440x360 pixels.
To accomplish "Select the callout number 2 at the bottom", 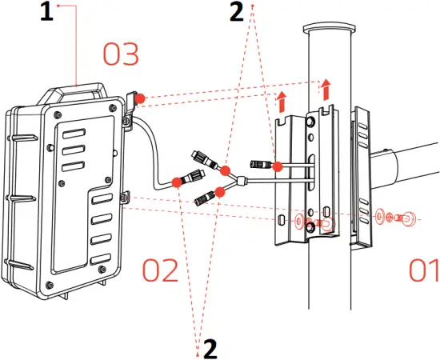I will [x=210, y=348].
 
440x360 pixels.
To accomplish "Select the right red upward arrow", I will [x=325, y=86].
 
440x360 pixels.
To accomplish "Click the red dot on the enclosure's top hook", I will [x=139, y=98].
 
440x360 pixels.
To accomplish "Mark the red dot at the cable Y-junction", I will [x=226, y=171].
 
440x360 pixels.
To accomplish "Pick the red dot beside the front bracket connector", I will [x=276, y=166].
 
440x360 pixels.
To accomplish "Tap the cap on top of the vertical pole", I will [x=329, y=29].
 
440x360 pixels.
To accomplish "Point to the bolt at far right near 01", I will [x=408, y=216].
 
